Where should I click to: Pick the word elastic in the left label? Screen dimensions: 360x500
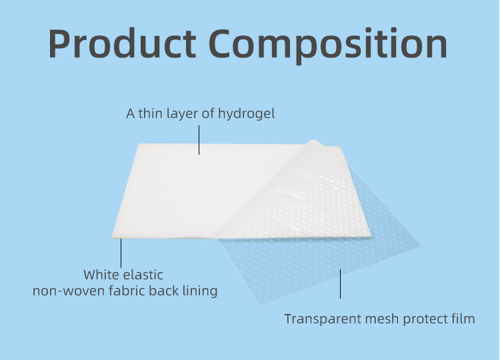[x=144, y=275]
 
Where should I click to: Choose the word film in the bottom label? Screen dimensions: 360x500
[x=465, y=319]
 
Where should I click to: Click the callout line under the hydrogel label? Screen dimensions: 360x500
[x=199, y=139]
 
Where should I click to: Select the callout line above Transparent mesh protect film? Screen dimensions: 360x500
[x=341, y=284]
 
